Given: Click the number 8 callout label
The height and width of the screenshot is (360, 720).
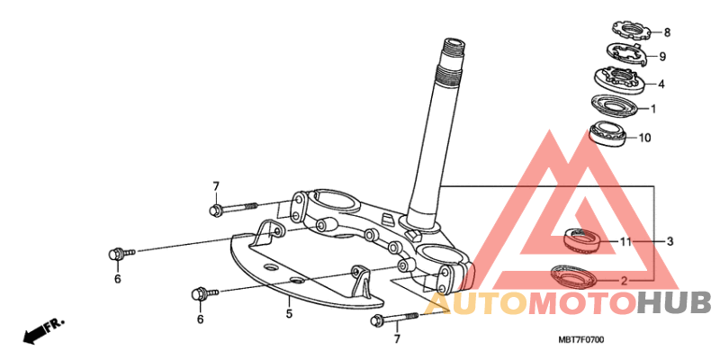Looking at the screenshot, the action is [x=667, y=32].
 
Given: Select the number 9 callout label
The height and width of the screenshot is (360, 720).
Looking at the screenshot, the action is [x=662, y=57].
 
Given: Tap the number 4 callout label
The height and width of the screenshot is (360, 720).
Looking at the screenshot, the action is [x=661, y=85].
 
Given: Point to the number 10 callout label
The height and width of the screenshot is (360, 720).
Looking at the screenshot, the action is [x=644, y=138].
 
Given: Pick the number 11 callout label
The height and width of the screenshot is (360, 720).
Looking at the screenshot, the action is [x=626, y=241].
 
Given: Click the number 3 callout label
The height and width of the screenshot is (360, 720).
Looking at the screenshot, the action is [x=670, y=241].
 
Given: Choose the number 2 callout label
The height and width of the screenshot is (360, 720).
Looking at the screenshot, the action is [x=624, y=281].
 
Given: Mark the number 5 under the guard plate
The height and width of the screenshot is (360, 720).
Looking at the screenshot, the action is [x=289, y=314].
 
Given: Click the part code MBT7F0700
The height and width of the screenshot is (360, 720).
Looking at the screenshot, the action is [x=581, y=340].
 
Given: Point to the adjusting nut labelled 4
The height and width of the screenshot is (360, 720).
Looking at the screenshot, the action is [x=619, y=80].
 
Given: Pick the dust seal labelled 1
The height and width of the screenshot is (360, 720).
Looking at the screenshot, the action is [x=615, y=106].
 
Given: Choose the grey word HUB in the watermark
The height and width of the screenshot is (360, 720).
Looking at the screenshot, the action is [x=675, y=304].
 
